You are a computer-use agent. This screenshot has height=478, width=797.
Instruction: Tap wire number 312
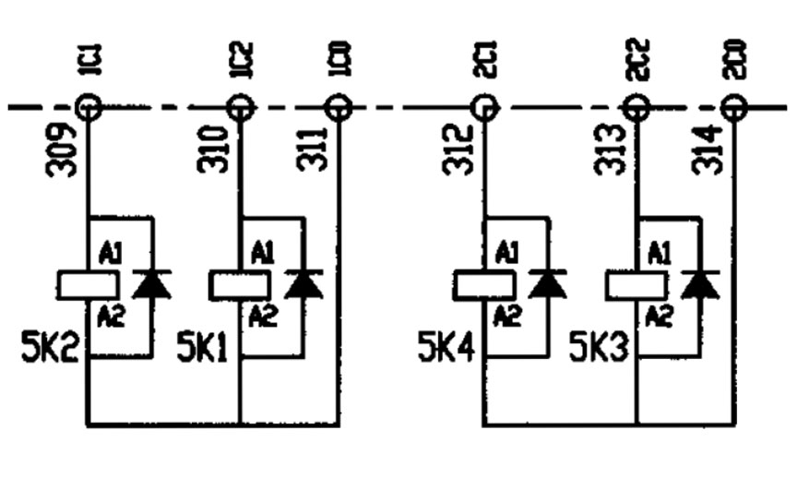(457, 151)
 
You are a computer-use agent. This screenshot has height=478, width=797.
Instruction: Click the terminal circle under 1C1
(88, 109)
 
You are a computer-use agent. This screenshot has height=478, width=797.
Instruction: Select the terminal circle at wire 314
(733, 109)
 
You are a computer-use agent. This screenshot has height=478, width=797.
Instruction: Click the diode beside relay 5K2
(151, 284)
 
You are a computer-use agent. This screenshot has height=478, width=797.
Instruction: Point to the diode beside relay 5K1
(303, 284)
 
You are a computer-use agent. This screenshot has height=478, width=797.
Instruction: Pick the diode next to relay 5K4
(548, 284)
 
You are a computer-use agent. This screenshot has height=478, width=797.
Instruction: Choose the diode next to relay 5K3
(700, 284)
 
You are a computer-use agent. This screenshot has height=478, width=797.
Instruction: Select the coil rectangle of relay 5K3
(635, 285)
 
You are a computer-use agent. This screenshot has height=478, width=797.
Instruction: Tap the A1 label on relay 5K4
(506, 254)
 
